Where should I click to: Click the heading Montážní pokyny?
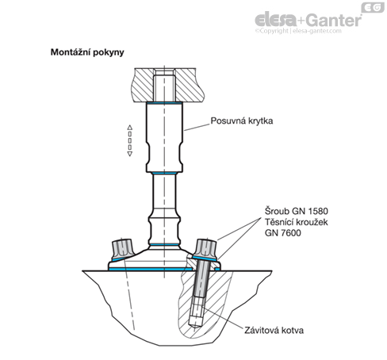click(x=87, y=52)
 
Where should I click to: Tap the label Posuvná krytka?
click(x=242, y=121)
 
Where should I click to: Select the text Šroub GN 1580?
click(x=297, y=211)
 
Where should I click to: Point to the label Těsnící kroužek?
click(x=297, y=222)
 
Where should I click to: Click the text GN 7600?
click(x=283, y=233)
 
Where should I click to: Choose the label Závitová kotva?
click(x=274, y=330)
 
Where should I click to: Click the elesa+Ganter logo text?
click(x=308, y=20)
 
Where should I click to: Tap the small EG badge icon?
click(x=373, y=7)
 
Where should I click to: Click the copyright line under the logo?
click(x=298, y=31)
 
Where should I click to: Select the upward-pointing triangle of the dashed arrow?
click(x=129, y=128)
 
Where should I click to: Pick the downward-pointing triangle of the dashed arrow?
click(x=129, y=154)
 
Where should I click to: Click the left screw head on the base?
click(x=122, y=249)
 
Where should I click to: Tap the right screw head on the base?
click(x=206, y=249)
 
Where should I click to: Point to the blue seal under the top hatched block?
click(x=164, y=102)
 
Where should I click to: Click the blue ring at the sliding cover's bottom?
click(x=164, y=173)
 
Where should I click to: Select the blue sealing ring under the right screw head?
click(x=205, y=259)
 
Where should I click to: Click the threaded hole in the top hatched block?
click(x=164, y=85)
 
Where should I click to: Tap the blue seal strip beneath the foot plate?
click(x=151, y=269)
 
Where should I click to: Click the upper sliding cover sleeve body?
click(x=164, y=137)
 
